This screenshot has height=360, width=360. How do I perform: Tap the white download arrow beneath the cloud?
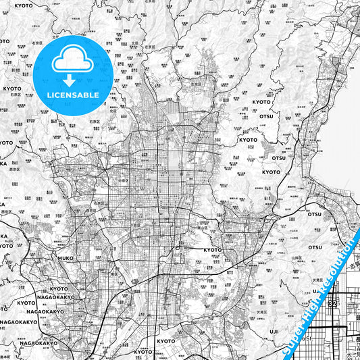coord(68,80)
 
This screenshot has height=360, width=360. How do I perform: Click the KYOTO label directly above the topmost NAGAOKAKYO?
coord(59,288)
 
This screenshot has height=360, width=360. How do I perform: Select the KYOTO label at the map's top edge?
coord(23,5)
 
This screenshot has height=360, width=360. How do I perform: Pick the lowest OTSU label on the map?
coord(315,247)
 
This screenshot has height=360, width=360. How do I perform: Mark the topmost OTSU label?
coord(265,116)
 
